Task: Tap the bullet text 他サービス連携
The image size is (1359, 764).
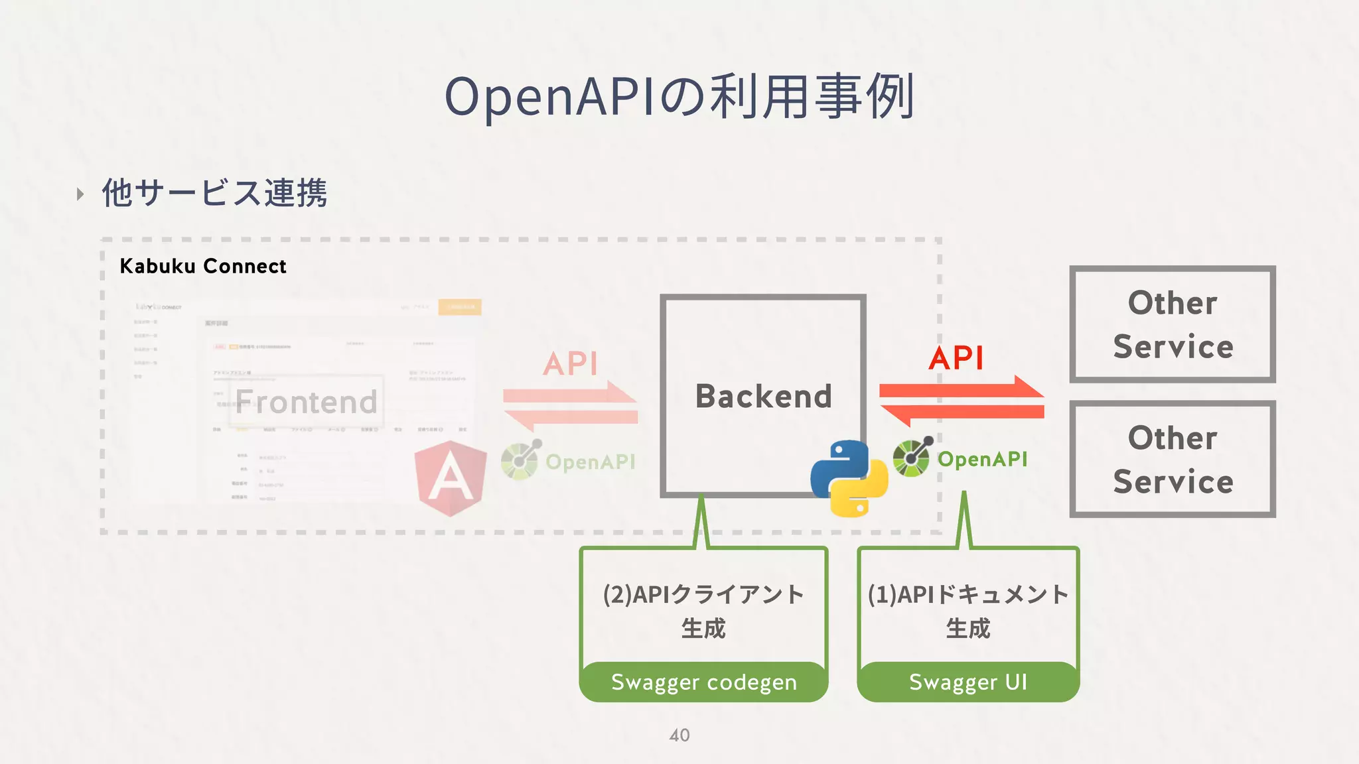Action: [x=214, y=193]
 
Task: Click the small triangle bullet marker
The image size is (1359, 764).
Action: [x=80, y=194]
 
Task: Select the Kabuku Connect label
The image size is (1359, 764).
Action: [x=202, y=267]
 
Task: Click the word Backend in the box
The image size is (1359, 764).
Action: [x=763, y=397]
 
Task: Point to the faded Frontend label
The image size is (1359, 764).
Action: [x=306, y=402]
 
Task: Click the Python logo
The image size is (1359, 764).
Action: [x=849, y=477]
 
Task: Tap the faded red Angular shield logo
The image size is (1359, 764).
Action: [x=451, y=477]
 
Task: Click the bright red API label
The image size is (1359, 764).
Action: [x=956, y=359]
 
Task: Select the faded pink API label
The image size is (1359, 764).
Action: [x=570, y=364]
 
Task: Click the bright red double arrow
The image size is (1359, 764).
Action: [x=962, y=401]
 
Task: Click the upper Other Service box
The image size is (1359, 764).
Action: [x=1172, y=324]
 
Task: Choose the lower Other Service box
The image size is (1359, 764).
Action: [x=1172, y=459]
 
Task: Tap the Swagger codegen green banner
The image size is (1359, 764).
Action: [x=703, y=682]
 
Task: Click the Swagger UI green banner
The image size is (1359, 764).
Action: [x=967, y=682]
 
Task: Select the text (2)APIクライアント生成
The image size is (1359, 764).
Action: [x=703, y=610]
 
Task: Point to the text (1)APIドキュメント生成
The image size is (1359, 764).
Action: [x=967, y=610]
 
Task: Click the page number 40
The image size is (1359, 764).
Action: [x=679, y=735]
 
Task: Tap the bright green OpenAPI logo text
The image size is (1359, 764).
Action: [x=982, y=459]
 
